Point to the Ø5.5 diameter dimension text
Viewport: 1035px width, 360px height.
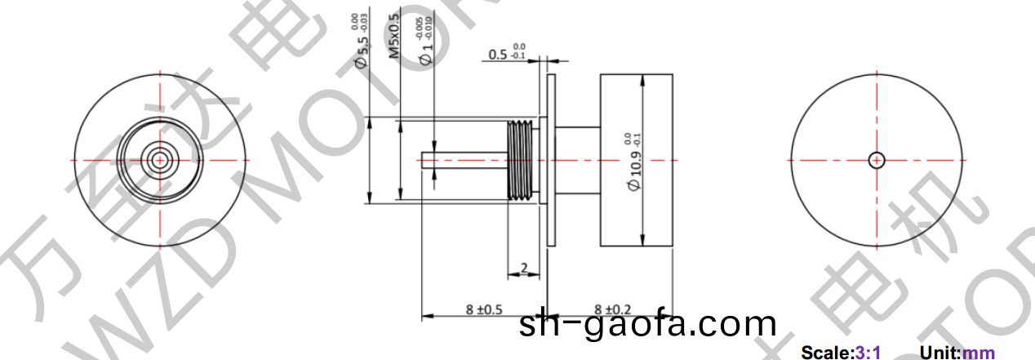pos(360,43)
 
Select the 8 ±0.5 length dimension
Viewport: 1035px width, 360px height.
pos(483,309)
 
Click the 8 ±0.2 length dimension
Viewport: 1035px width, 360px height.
pos(613,309)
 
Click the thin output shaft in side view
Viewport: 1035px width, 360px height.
pos(462,160)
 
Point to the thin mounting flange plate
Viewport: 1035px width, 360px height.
pos(551,160)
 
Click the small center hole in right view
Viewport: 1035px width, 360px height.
pos(877,160)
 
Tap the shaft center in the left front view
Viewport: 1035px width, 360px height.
pos(160,159)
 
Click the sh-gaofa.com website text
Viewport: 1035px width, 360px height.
pos(646,325)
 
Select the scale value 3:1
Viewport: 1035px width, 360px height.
pos(867,353)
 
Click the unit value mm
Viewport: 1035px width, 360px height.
pos(979,353)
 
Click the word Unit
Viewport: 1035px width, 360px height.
pos(939,353)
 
